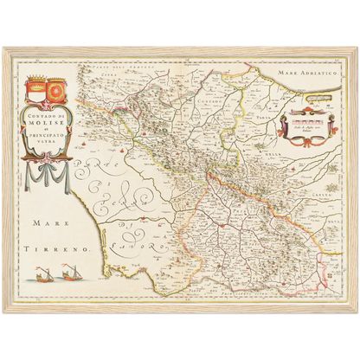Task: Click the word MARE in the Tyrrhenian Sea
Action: (51, 222)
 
